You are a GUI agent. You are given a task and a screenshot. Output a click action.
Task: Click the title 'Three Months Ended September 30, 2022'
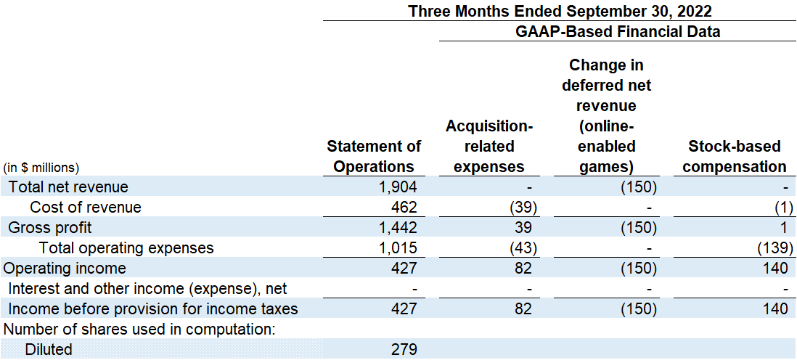coord(560,11)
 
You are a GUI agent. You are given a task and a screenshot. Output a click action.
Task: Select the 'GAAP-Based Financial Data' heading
coord(617,31)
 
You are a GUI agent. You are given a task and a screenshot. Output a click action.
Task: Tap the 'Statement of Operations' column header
coord(374,156)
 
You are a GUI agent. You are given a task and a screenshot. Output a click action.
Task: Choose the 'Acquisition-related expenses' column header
coord(489,146)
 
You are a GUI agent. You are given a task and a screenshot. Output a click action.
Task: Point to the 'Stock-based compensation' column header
coord(735,156)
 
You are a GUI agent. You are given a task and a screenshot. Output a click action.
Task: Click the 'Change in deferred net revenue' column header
coord(606,116)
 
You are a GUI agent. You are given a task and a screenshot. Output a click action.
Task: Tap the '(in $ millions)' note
coord(41,167)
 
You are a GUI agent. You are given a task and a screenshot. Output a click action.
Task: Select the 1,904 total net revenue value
coord(398,187)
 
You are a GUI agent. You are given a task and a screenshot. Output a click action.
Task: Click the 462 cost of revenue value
coord(405,208)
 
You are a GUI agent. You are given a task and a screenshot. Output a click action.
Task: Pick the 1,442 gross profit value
coord(398,228)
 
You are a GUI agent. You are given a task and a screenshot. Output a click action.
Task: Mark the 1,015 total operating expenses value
coord(398,248)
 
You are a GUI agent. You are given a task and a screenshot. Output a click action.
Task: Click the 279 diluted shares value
coord(405,350)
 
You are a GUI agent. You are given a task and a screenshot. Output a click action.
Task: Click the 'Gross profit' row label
coord(50,228)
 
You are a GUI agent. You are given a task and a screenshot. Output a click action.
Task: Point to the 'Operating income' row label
coord(65,269)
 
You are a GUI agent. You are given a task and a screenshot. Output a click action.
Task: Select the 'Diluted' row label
coord(49,350)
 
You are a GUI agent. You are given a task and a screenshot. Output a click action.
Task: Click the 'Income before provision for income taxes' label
coord(153,309)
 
